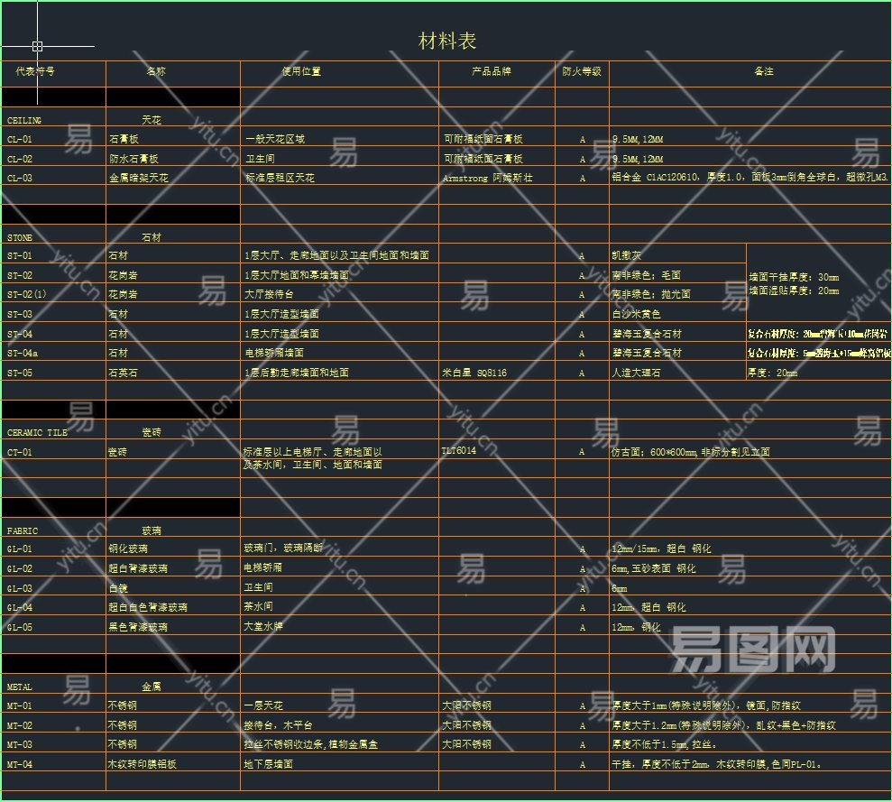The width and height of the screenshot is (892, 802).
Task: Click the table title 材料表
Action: [x=447, y=41]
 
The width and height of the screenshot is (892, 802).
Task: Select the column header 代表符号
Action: [x=35, y=71]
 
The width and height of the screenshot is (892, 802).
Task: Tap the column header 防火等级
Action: [x=582, y=71]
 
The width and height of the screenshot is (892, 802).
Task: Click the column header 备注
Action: [x=764, y=71]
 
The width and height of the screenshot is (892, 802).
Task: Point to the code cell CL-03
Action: [x=20, y=179]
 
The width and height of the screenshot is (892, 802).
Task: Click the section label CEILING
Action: [x=24, y=120]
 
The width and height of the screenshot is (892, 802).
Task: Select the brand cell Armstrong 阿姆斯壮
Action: [x=488, y=179]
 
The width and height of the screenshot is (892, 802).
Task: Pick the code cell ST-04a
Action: [x=23, y=354]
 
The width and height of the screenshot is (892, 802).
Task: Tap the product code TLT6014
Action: [x=459, y=450]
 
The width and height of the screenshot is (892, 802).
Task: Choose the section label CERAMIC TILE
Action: [x=37, y=433]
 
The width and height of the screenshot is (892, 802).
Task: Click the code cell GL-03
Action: [x=20, y=588]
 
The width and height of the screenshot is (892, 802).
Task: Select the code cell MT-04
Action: [x=20, y=764]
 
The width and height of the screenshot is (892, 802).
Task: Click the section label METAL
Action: [x=20, y=687]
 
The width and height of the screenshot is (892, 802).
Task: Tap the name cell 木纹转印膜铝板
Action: [x=139, y=764]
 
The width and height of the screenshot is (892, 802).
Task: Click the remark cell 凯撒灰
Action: [x=627, y=256]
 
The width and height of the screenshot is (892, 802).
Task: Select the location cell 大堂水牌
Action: [x=263, y=626]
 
